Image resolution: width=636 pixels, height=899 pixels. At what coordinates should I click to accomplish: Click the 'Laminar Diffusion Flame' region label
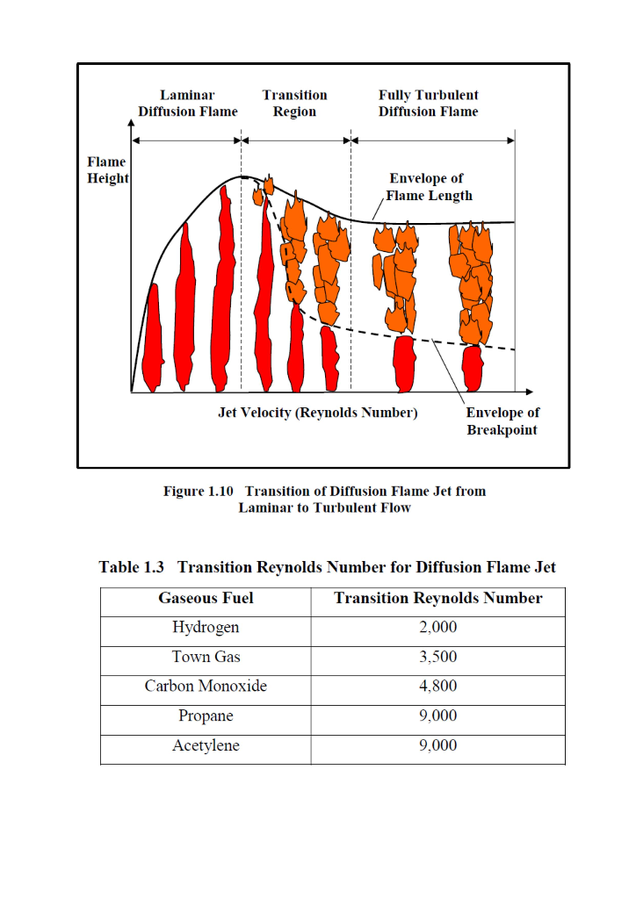[x=187, y=104]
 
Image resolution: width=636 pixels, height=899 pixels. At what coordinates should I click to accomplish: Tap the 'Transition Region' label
[x=294, y=104]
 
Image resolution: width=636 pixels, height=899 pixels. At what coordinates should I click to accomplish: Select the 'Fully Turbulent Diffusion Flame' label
[x=429, y=104]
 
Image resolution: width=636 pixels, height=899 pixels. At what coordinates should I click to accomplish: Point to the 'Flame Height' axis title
[x=106, y=170]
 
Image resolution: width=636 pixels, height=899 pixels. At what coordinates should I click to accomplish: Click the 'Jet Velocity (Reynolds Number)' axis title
[x=317, y=413]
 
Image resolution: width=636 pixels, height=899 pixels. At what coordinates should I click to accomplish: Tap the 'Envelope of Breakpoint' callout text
[x=502, y=421]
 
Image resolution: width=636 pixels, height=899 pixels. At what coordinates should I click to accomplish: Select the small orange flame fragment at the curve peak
[x=269, y=185]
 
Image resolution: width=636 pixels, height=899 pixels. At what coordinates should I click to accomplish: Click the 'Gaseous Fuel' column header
[x=206, y=599]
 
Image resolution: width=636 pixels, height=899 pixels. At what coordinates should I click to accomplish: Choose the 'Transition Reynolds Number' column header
[x=437, y=599]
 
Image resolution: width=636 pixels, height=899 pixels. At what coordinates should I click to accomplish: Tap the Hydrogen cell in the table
[x=206, y=628]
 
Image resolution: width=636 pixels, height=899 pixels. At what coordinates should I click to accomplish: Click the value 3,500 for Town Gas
[x=437, y=658]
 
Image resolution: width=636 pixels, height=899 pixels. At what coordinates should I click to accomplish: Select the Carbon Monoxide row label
[x=206, y=687]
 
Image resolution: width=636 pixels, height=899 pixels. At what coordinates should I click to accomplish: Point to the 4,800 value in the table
[x=437, y=687]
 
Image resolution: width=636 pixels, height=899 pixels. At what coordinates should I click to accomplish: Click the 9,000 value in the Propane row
[x=437, y=716]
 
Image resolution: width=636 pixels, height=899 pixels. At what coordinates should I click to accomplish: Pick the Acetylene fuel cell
[x=206, y=746]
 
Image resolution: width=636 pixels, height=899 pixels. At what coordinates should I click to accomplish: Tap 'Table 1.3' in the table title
[x=132, y=568]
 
